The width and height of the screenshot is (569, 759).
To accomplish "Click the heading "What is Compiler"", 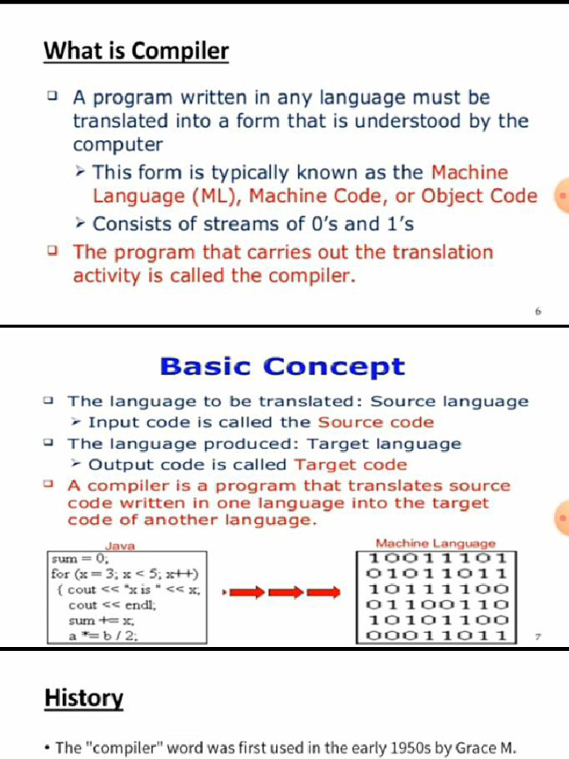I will tap(136, 52).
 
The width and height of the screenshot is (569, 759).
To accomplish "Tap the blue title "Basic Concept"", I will tap(282, 367).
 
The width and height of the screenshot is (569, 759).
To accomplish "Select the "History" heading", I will tap(84, 698).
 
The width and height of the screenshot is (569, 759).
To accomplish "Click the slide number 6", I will tap(539, 312).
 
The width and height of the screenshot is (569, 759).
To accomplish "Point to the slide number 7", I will tap(538, 636).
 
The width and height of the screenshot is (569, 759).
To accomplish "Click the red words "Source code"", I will tap(376, 422).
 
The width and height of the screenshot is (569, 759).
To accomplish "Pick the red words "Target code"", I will tap(350, 465).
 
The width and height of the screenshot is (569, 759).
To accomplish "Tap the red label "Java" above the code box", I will tap(120, 546).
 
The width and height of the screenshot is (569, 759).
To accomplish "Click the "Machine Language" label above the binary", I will tap(436, 544).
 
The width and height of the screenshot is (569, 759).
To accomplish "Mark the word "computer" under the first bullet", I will tap(117, 144).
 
